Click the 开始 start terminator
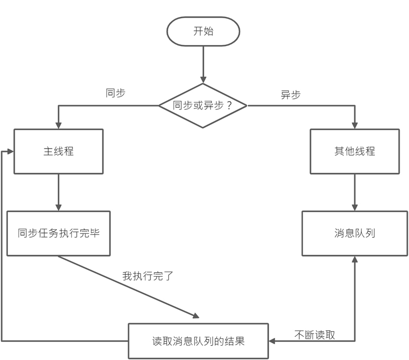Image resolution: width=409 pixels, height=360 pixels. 203,32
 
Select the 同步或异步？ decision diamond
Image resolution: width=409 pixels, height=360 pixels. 203,106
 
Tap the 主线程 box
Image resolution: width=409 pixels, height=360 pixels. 58,151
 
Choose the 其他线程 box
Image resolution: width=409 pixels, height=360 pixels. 355,151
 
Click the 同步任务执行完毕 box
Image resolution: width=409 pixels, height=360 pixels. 58,233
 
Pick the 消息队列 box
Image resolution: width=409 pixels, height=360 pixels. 355,233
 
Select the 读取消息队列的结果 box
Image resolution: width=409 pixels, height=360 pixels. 198,341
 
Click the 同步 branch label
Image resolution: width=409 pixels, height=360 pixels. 116,93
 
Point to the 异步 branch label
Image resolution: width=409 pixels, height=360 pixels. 291,95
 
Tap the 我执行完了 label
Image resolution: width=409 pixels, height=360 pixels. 148,276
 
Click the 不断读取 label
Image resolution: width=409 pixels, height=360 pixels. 314,335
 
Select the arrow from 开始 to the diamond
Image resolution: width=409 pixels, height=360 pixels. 203,65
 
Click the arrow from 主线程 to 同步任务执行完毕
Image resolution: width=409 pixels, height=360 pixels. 58,192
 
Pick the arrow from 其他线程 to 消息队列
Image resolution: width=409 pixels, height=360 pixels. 355,192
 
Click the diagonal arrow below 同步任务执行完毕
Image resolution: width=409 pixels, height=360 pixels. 129,287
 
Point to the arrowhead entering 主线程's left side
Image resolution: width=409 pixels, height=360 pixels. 10,151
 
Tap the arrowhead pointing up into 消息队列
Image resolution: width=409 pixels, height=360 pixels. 355,259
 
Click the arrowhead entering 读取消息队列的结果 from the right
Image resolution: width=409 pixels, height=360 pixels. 272,341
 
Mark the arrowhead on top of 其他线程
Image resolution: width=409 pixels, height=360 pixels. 355,125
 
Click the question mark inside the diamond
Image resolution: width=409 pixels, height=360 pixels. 229,105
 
